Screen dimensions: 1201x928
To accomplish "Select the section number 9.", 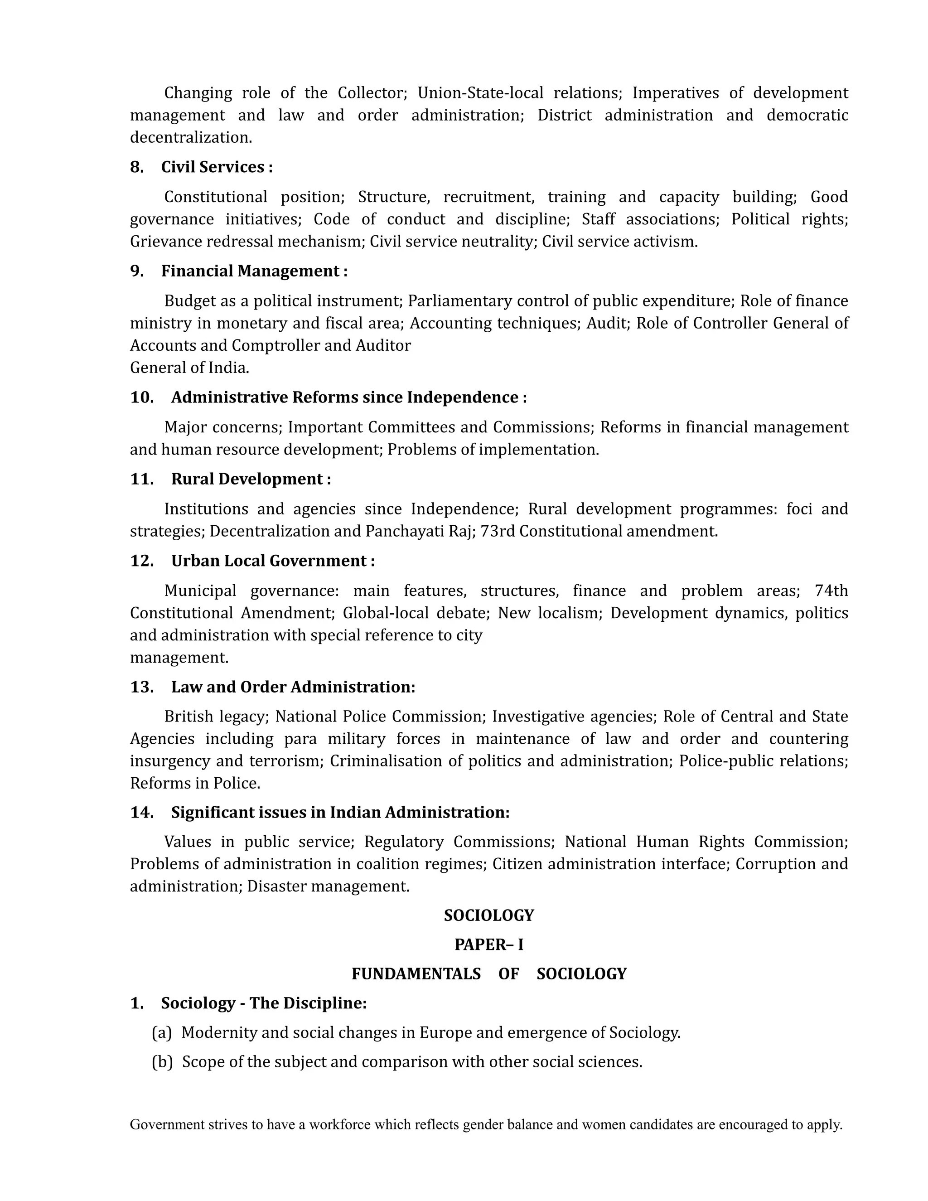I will coord(136,271).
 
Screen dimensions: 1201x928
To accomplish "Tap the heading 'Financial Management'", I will coord(250,271).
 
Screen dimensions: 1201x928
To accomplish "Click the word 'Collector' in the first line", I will coord(372,93).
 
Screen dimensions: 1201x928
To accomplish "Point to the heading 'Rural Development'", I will coord(247,479).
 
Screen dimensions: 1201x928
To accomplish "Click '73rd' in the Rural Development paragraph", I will coord(498,531).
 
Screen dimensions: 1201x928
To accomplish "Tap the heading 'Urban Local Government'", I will coord(269,561).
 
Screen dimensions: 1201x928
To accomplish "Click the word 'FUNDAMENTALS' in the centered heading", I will coord(416,974).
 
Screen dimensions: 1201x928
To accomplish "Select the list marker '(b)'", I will coord(162,1062).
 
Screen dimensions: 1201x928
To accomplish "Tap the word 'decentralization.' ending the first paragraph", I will coord(191,137).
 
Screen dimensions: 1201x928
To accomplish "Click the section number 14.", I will coord(142,812).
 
